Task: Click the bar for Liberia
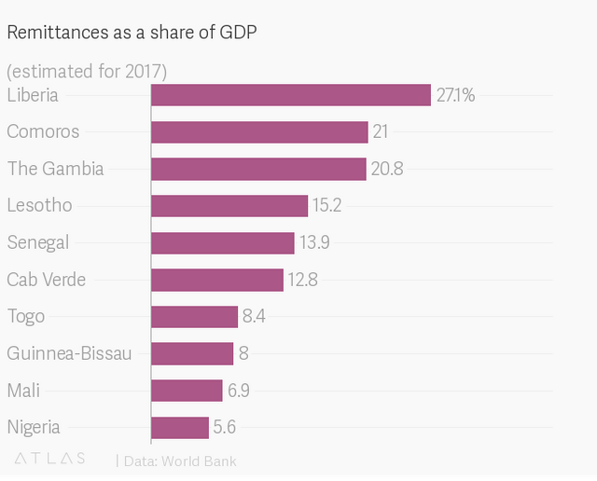(290, 94)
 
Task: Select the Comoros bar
(259, 131)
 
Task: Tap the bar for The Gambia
(258, 169)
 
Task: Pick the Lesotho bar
(229, 205)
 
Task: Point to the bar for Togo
(194, 316)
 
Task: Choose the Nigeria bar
(179, 427)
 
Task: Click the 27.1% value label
(456, 94)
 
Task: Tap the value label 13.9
(314, 242)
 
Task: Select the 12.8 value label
(303, 280)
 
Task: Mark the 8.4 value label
(255, 316)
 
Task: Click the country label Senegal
(38, 242)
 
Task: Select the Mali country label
(23, 391)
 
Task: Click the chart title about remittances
(132, 33)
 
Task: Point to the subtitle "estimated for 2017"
(87, 71)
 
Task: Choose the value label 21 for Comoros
(381, 131)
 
